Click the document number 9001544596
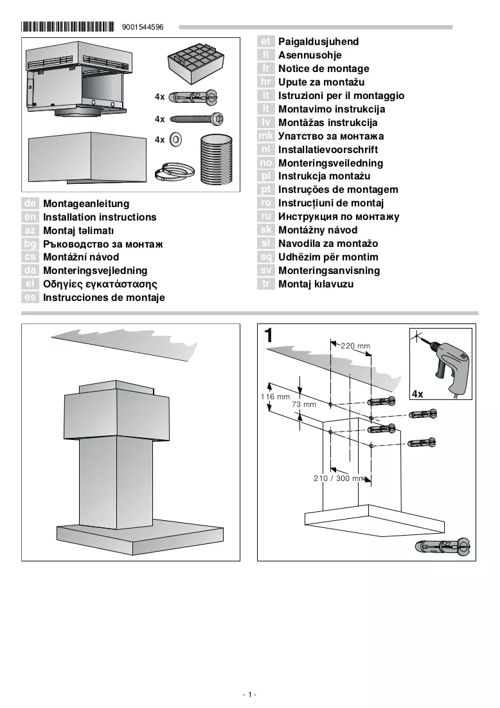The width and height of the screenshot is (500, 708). [143, 27]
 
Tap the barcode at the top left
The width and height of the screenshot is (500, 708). [67, 26]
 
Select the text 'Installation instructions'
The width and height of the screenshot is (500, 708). [100, 217]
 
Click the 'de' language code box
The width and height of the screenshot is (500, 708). [30, 203]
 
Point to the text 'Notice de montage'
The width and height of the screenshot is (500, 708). [323, 69]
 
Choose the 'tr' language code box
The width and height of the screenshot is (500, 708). [266, 284]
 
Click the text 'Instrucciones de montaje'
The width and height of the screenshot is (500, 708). [103, 298]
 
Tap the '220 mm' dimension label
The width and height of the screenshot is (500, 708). [355, 346]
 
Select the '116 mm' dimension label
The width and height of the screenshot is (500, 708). [275, 397]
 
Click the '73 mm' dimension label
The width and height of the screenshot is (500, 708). [304, 404]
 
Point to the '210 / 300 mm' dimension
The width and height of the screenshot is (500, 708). [339, 478]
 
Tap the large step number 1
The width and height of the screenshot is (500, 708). [269, 336]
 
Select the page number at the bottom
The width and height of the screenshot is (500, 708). [249, 694]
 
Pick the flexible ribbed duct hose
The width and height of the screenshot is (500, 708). [216, 160]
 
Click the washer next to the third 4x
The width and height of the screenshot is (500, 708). [175, 140]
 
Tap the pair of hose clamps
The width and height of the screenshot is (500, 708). [174, 172]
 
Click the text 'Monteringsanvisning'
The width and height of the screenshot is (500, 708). [329, 271]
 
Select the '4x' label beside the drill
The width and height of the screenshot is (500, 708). [418, 394]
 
